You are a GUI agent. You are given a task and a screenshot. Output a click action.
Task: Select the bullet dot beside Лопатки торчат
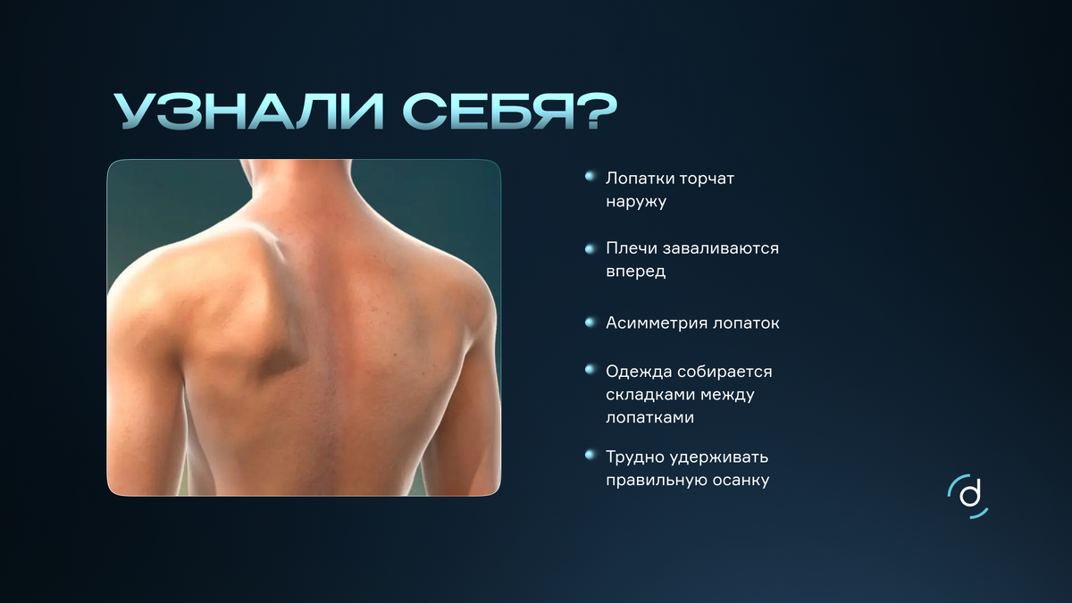click(590, 177)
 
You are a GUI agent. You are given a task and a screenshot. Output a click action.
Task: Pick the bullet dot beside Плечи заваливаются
click(590, 247)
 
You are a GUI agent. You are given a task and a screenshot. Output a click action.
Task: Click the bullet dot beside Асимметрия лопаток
click(590, 322)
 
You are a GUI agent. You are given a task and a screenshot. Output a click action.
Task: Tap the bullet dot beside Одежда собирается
click(590, 369)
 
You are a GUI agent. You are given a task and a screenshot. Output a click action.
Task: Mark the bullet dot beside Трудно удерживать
click(590, 456)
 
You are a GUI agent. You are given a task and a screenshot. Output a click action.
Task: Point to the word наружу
click(636, 201)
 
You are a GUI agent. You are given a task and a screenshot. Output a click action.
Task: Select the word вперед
click(635, 271)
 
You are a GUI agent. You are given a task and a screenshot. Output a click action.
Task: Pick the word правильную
click(650, 481)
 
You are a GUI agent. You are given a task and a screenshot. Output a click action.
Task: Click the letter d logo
click(968, 495)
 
